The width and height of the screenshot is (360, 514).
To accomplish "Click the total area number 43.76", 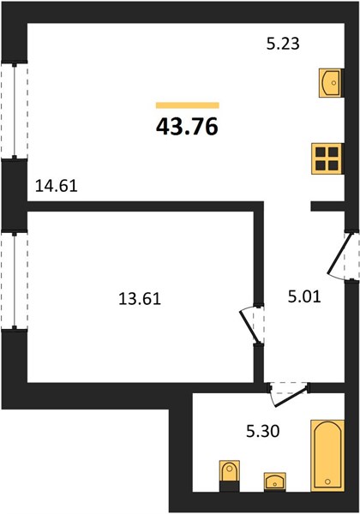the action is click(x=187, y=127).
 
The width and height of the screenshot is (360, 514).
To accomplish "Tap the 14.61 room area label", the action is click(x=56, y=186).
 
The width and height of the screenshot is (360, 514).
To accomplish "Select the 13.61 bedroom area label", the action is click(x=140, y=299).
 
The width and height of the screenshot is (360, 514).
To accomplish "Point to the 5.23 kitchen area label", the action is click(x=283, y=44).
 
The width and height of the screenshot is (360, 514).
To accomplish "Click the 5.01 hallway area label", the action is click(x=304, y=296).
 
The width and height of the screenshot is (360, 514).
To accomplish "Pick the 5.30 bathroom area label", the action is click(x=263, y=432).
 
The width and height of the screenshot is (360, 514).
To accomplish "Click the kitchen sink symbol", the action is click(x=332, y=83).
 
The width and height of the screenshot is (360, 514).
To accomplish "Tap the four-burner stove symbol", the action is click(x=327, y=158).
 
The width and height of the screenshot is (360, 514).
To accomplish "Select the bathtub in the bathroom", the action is click(x=327, y=456).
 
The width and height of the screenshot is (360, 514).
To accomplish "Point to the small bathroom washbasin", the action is click(x=275, y=481).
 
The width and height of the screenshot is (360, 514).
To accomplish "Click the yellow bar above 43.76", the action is click(x=188, y=105).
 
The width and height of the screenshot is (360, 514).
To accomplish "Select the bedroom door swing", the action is click(x=252, y=326).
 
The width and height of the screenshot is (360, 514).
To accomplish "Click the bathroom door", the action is click(x=289, y=394).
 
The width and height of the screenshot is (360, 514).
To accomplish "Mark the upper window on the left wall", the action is click(x=14, y=111).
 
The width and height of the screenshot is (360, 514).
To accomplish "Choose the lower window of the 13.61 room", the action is click(x=14, y=281).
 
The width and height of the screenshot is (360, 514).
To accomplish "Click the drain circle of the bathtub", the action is click(x=327, y=481).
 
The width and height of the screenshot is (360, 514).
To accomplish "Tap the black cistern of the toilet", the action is click(x=229, y=486).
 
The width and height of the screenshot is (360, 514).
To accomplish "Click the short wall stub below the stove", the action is click(x=327, y=206).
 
